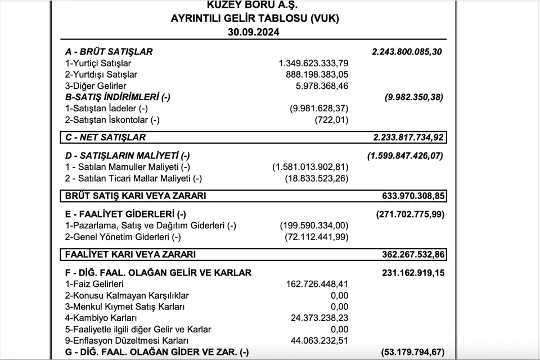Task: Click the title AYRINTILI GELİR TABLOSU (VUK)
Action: tap(255, 18)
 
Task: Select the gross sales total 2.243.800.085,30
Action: tap(407, 52)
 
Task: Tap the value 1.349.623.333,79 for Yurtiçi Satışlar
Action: tap(313, 63)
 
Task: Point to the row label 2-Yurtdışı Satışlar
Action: tap(101, 74)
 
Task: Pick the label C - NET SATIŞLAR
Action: tap(105, 137)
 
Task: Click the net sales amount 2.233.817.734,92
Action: tap(407, 137)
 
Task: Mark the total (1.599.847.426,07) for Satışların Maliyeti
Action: tap(405, 155)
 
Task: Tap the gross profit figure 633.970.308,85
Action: tap(413, 196)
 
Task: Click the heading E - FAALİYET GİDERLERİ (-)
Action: tap(125, 214)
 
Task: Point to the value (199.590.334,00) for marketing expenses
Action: tap(314, 226)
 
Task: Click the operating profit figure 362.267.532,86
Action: tap(413, 254)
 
